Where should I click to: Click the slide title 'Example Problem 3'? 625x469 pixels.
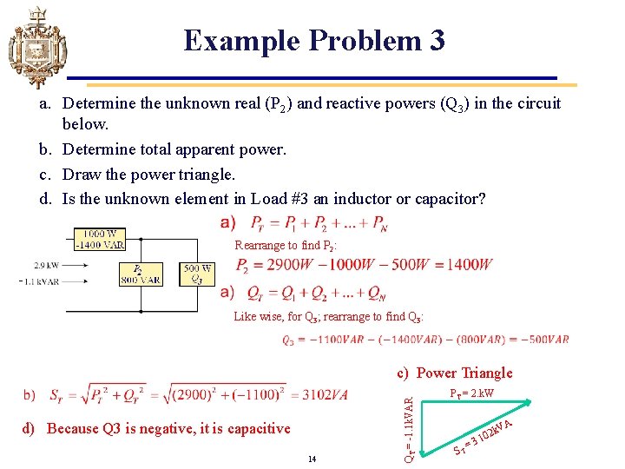(314, 40)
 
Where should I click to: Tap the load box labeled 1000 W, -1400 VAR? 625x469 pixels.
(100, 240)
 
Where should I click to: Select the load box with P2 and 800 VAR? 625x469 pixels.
(139, 274)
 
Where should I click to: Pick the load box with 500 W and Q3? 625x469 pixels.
(198, 274)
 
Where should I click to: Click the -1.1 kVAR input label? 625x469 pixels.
(42, 281)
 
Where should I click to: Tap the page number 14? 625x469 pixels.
(312, 458)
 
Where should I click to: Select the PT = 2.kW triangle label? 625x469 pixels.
(471, 393)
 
